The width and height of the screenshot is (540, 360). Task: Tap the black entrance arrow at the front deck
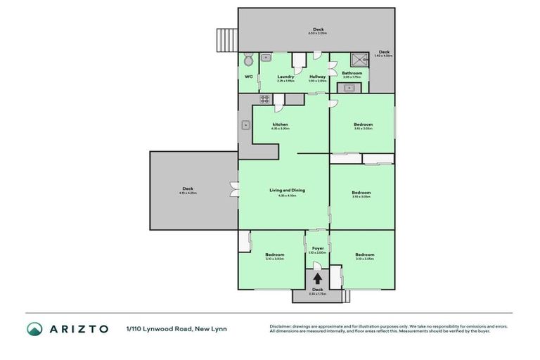pos(318,278)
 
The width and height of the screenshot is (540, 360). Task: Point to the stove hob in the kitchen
pos(264,99)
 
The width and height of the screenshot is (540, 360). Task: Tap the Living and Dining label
pos(287,191)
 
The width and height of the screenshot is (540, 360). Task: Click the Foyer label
pos(318,248)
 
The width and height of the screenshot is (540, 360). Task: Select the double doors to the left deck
pos(233,190)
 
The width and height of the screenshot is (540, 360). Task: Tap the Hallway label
pos(318,77)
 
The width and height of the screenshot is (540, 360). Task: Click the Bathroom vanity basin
pos(349,87)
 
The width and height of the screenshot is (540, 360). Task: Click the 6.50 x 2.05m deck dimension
pos(318,34)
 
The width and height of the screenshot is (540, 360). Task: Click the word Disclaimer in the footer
pos(282,326)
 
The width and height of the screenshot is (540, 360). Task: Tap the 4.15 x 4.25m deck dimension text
pos(188,193)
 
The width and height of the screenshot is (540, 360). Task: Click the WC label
pos(248,77)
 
